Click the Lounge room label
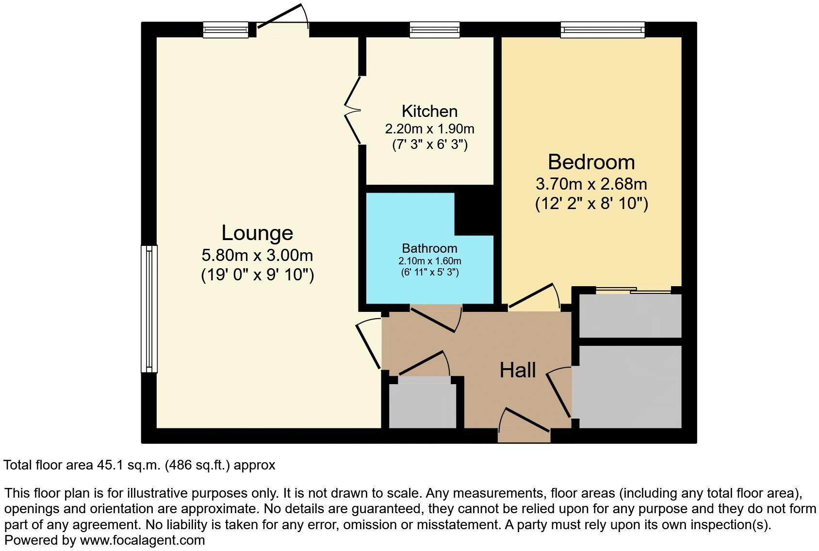click(257, 233)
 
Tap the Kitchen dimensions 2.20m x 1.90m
click(429, 129)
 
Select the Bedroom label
click(591, 162)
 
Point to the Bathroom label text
click(429, 248)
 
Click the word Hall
click(518, 371)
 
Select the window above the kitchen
click(434, 30)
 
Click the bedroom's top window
click(603, 30)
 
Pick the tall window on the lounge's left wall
click(149, 308)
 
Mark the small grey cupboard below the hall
click(423, 405)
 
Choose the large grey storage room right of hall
click(630, 387)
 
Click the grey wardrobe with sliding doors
click(630, 315)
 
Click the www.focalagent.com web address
click(142, 540)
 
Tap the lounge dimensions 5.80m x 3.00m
click(257, 255)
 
